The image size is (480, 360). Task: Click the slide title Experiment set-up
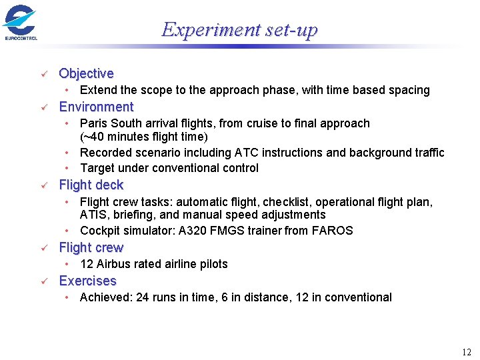[239, 30]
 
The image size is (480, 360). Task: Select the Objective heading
[86, 73]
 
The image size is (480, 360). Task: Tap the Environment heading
[96, 107]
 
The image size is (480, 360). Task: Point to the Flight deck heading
[91, 185]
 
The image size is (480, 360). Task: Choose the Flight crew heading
[91, 247]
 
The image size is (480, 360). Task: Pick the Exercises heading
[87, 281]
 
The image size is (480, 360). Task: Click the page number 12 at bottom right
[466, 352]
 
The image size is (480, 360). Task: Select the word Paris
[93, 123]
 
